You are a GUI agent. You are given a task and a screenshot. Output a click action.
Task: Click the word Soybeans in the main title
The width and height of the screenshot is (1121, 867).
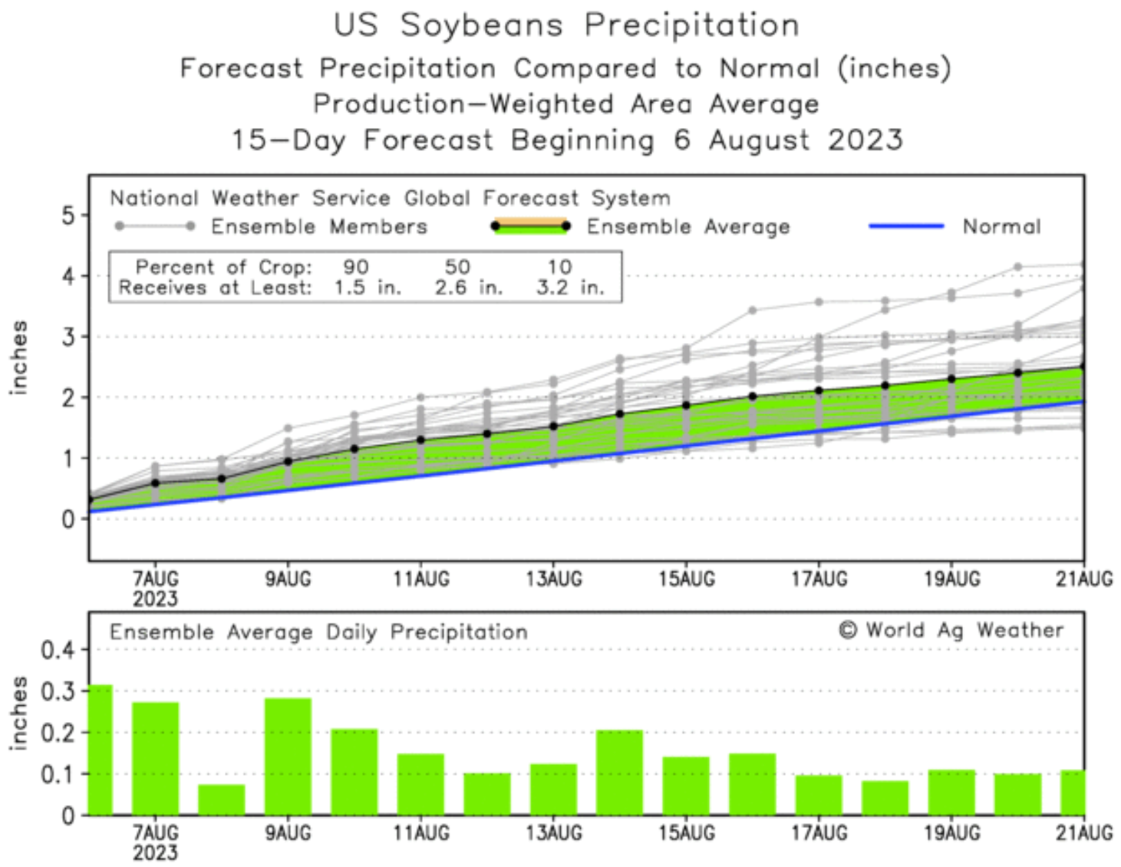tap(481, 25)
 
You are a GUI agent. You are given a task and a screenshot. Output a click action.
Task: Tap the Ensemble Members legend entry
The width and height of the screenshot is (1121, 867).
tap(318, 226)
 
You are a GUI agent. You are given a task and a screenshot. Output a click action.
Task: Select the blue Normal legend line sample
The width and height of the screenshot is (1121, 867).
tap(905, 226)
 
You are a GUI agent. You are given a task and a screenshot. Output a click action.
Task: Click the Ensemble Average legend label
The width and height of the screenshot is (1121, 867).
tap(687, 226)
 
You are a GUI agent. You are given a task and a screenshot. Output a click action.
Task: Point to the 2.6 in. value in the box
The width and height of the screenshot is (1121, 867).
tap(468, 288)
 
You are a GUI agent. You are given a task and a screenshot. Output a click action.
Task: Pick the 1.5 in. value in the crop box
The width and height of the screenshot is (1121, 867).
tap(367, 288)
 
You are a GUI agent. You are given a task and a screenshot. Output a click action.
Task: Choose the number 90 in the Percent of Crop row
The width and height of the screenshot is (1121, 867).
tap(355, 267)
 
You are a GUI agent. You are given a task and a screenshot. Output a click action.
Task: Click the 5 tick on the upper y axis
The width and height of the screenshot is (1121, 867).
tap(69, 215)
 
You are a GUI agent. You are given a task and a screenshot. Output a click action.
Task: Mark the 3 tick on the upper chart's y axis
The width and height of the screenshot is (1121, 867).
tap(69, 337)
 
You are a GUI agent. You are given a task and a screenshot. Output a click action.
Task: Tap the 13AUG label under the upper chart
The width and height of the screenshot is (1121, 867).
tap(553, 579)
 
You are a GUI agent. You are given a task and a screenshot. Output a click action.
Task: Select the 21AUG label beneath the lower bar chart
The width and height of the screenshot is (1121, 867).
tap(1083, 833)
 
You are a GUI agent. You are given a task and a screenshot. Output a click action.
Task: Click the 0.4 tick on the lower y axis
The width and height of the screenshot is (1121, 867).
tap(58, 651)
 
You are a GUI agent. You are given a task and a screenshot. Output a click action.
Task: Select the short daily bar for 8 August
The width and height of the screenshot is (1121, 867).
tap(222, 799)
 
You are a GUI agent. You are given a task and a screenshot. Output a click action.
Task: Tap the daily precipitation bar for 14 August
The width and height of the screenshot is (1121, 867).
tap(619, 772)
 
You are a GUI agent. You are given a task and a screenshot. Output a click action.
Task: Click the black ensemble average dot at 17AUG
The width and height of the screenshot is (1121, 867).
tap(819, 391)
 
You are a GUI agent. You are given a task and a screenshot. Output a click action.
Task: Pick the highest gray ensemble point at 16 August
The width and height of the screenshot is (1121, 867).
tap(753, 311)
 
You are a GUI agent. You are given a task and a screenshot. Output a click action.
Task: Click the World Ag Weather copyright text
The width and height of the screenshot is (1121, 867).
tap(951, 631)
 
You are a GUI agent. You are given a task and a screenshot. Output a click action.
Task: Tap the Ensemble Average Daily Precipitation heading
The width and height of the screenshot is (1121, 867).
tap(318, 632)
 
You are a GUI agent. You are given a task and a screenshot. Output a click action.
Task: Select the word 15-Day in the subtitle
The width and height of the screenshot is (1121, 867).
tap(288, 140)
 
